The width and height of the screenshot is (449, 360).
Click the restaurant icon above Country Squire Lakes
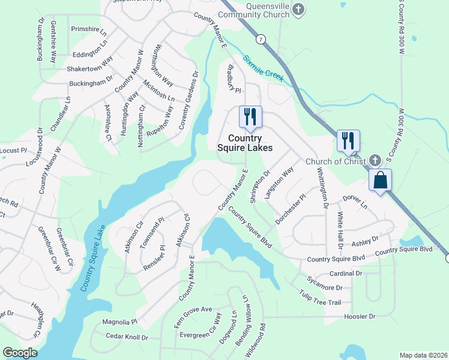pos(250,116)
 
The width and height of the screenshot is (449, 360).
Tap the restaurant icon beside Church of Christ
pos(348,140)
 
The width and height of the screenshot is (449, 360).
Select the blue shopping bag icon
pos(381,179)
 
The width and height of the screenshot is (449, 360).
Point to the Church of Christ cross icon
pos(375,160)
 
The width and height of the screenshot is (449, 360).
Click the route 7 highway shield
pos(260,39)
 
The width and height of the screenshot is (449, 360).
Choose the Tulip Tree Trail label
pos(320,298)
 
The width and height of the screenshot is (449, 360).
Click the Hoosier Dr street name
pos(360,316)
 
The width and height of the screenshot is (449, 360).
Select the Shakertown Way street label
pos(90,65)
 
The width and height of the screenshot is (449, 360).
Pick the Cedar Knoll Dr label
pos(127,337)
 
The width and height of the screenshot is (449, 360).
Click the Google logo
pos(20,353)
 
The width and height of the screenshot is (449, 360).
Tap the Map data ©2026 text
pos(424,355)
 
